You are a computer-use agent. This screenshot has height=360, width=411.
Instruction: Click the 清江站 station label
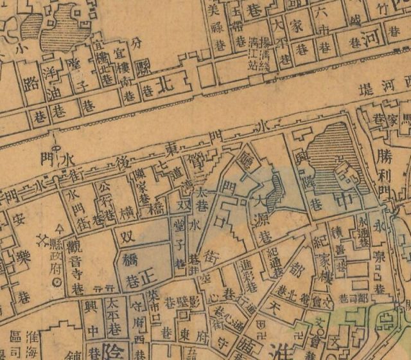(x=256, y=51)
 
